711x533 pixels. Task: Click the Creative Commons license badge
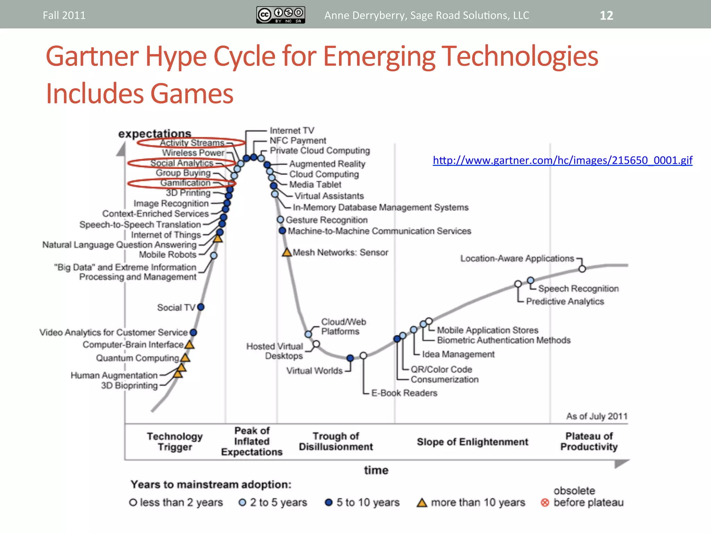pyautogui.click(x=281, y=15)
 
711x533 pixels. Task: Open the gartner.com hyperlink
pyautogui.click(x=562, y=160)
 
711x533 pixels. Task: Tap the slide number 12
pyautogui.click(x=606, y=16)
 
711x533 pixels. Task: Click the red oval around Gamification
pyautogui.click(x=182, y=183)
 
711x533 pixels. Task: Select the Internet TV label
pyautogui.click(x=292, y=131)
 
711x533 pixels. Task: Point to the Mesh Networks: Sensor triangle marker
pyautogui.click(x=287, y=252)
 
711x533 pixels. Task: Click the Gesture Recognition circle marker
pyautogui.click(x=281, y=220)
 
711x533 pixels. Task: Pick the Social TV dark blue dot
pyautogui.click(x=201, y=307)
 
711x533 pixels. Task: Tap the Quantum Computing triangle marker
pyautogui.click(x=185, y=357)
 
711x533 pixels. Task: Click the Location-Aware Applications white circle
pyautogui.click(x=582, y=269)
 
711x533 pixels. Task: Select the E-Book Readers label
pyautogui.click(x=404, y=393)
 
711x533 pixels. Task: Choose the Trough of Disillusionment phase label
pyautogui.click(x=336, y=441)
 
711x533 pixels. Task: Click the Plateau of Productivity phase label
pyautogui.click(x=589, y=441)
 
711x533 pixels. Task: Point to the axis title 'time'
pyautogui.click(x=376, y=470)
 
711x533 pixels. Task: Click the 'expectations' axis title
pyautogui.click(x=154, y=134)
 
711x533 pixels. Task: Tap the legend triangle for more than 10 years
pyautogui.click(x=422, y=502)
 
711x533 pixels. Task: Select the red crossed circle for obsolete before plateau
pyautogui.click(x=545, y=502)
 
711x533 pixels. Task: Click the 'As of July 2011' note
pyautogui.click(x=597, y=416)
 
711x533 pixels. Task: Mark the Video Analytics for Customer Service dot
pyautogui.click(x=193, y=332)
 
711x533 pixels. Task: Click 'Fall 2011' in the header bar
pyautogui.click(x=64, y=16)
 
